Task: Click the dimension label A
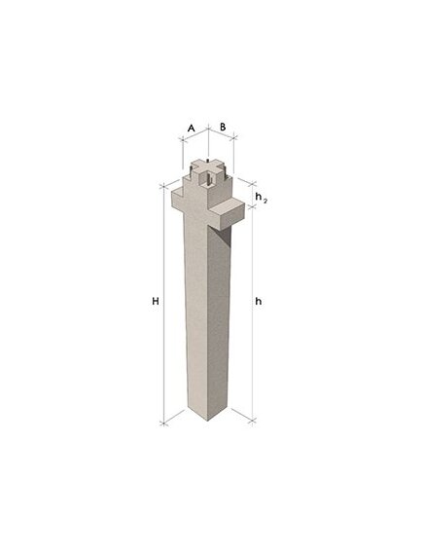192,128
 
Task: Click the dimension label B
223,127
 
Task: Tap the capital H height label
156,302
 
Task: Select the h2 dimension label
261,197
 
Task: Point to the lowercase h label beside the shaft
259,302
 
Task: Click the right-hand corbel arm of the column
228,212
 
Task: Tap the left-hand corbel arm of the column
179,200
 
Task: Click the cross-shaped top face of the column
207,168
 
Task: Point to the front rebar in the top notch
208,183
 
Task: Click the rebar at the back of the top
207,162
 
